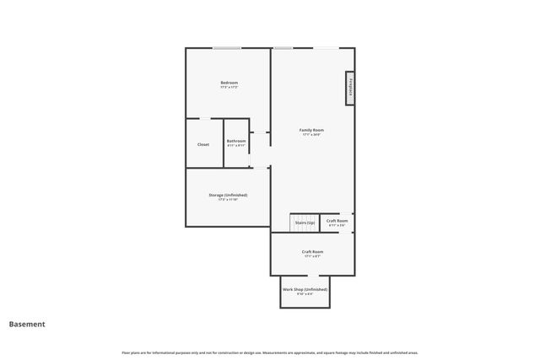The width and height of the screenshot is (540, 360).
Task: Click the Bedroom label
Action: [x=229, y=83]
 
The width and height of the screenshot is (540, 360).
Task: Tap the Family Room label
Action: [x=311, y=130]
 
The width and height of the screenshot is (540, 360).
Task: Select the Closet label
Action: [x=203, y=144]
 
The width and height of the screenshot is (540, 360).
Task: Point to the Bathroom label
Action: [x=236, y=141]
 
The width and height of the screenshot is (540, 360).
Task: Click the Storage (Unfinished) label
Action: [x=228, y=195]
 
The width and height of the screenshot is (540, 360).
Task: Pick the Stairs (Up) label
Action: [x=305, y=223]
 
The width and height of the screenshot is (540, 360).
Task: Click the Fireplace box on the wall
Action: [x=348, y=88]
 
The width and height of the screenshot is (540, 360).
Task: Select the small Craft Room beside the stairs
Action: [x=337, y=221]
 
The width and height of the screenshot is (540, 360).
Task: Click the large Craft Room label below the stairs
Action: [x=312, y=251]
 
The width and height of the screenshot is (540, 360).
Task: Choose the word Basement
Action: [x=27, y=324]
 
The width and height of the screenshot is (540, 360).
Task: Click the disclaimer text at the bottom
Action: [x=270, y=352]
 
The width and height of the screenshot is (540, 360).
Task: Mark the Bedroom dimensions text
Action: [x=229, y=88]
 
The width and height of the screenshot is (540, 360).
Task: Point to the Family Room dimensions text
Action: [x=311, y=135]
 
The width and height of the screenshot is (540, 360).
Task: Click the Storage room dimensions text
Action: [x=228, y=200]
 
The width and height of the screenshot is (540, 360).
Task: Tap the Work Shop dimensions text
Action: [x=305, y=294]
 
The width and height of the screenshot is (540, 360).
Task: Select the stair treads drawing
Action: [x=301, y=223]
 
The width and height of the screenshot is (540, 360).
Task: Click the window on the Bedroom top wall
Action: [x=227, y=48]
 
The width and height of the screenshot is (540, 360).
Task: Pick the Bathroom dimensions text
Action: [x=236, y=146]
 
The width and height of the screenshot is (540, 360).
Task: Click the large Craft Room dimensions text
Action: [x=312, y=256]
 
